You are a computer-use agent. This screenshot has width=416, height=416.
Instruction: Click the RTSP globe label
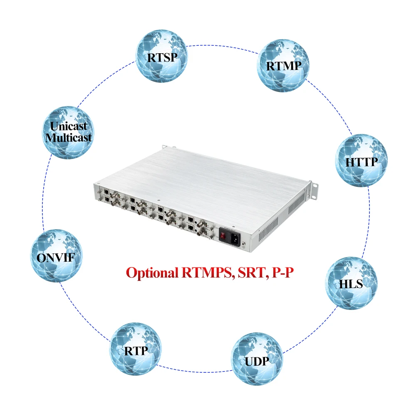click(x=162, y=57)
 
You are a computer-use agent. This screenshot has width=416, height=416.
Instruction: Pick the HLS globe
click(x=351, y=283)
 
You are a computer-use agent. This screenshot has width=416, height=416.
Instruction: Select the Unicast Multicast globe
click(x=69, y=131)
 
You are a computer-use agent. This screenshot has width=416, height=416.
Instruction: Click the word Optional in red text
click(x=153, y=273)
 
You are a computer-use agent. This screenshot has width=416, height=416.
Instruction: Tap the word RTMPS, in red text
click(x=207, y=273)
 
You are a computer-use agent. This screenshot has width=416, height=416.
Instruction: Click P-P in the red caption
click(x=285, y=273)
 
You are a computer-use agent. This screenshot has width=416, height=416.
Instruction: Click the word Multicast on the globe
click(x=69, y=137)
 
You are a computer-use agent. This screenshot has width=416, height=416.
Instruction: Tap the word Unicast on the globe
click(x=69, y=126)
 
